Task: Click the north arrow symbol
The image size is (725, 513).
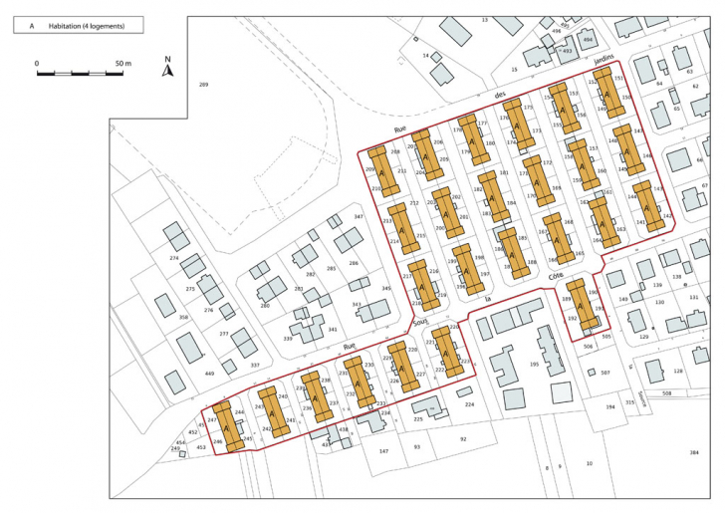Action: (x=168, y=68)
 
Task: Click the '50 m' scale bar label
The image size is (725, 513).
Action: (x=124, y=63)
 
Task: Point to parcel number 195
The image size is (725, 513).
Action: (x=534, y=365)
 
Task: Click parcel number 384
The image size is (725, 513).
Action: (x=693, y=453)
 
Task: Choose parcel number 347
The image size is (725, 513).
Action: (x=359, y=216)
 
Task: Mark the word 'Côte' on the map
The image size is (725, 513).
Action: (x=556, y=276)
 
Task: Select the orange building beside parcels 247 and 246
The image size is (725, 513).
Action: (x=229, y=426)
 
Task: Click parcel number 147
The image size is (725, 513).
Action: (x=383, y=451)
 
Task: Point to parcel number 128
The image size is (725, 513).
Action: (x=677, y=372)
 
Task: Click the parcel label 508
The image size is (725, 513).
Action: (x=666, y=394)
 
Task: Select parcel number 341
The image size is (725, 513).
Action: (x=333, y=329)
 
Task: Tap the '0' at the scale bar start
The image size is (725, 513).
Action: (x=37, y=63)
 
